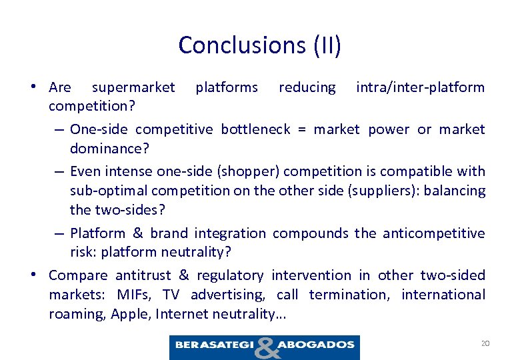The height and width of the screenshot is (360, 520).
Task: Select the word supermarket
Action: [x=133, y=87]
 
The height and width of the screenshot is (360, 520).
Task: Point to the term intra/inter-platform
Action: [x=420, y=87]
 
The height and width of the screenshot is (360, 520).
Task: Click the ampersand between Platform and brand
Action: [x=137, y=233]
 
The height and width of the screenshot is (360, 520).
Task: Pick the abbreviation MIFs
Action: [x=134, y=295]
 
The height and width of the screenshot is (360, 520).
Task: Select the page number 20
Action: [x=485, y=343]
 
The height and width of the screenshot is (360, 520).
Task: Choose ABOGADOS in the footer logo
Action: [x=315, y=345]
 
